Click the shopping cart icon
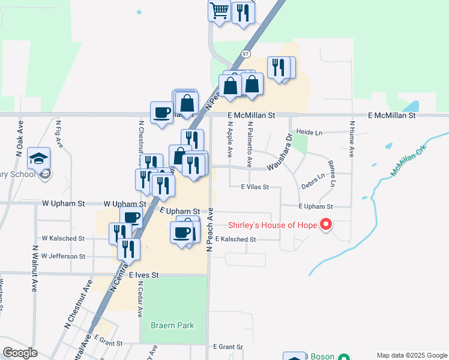(219, 10)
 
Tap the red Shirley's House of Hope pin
(327, 225)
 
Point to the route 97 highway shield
(246, 54)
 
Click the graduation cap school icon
(38, 158)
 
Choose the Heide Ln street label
(310, 131)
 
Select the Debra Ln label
(313, 181)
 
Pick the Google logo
(19, 352)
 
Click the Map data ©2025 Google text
(411, 355)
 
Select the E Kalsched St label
(235, 239)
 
